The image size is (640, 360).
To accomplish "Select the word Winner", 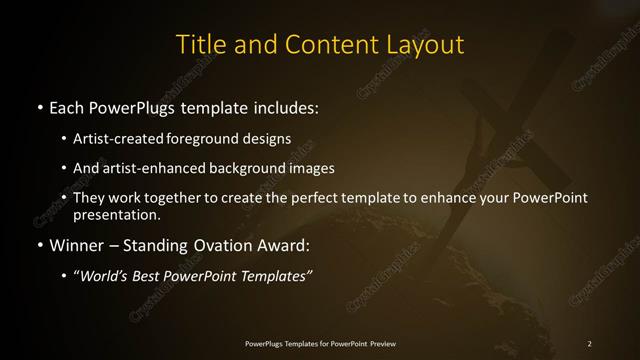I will tap(76, 245).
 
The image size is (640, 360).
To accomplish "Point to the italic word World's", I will tap(103, 276).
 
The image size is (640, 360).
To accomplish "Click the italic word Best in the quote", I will tap(148, 276).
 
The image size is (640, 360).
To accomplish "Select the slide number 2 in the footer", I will tap(589, 344).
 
